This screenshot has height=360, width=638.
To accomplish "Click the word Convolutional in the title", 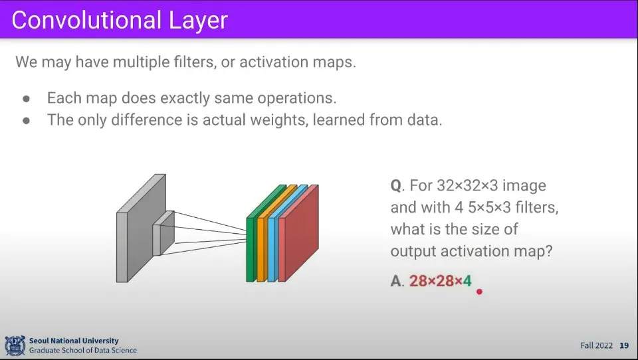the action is [x=86, y=20].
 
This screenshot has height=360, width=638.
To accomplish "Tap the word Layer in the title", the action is [x=198, y=21].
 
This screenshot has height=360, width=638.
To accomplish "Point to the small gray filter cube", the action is [x=163, y=233].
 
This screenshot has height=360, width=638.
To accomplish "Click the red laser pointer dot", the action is [x=479, y=291].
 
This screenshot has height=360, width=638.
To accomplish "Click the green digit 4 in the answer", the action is [x=467, y=281].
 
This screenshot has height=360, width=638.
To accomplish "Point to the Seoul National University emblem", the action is [x=15, y=345].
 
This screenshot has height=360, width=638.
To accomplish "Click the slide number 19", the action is [x=624, y=345].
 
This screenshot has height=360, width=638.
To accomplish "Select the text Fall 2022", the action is [x=597, y=345].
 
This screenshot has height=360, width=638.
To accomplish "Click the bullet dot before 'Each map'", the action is [x=27, y=98].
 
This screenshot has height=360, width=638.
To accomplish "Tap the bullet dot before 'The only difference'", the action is [x=27, y=120].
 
